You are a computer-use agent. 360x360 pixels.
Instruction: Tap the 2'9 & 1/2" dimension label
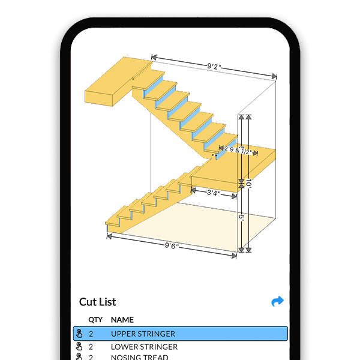pyautogui.click(x=238, y=151)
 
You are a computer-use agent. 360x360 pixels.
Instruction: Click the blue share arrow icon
pyautogui.click(x=277, y=302)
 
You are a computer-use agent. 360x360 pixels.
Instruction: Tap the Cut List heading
pyautogui.click(x=97, y=302)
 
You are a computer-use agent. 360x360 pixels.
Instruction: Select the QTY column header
pyautogui.click(x=95, y=320)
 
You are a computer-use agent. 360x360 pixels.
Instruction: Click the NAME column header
pyautogui.click(x=122, y=320)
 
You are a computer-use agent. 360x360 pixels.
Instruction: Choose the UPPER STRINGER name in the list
pyautogui.click(x=143, y=334)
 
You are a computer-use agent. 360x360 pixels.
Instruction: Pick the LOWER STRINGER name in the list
pyautogui.click(x=144, y=347)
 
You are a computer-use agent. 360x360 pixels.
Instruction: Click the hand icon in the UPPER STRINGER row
pyautogui.click(x=79, y=334)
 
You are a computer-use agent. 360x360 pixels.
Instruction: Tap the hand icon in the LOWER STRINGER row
pyautogui.click(x=79, y=347)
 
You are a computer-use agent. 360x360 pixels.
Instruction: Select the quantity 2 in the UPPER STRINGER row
pyautogui.click(x=91, y=334)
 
